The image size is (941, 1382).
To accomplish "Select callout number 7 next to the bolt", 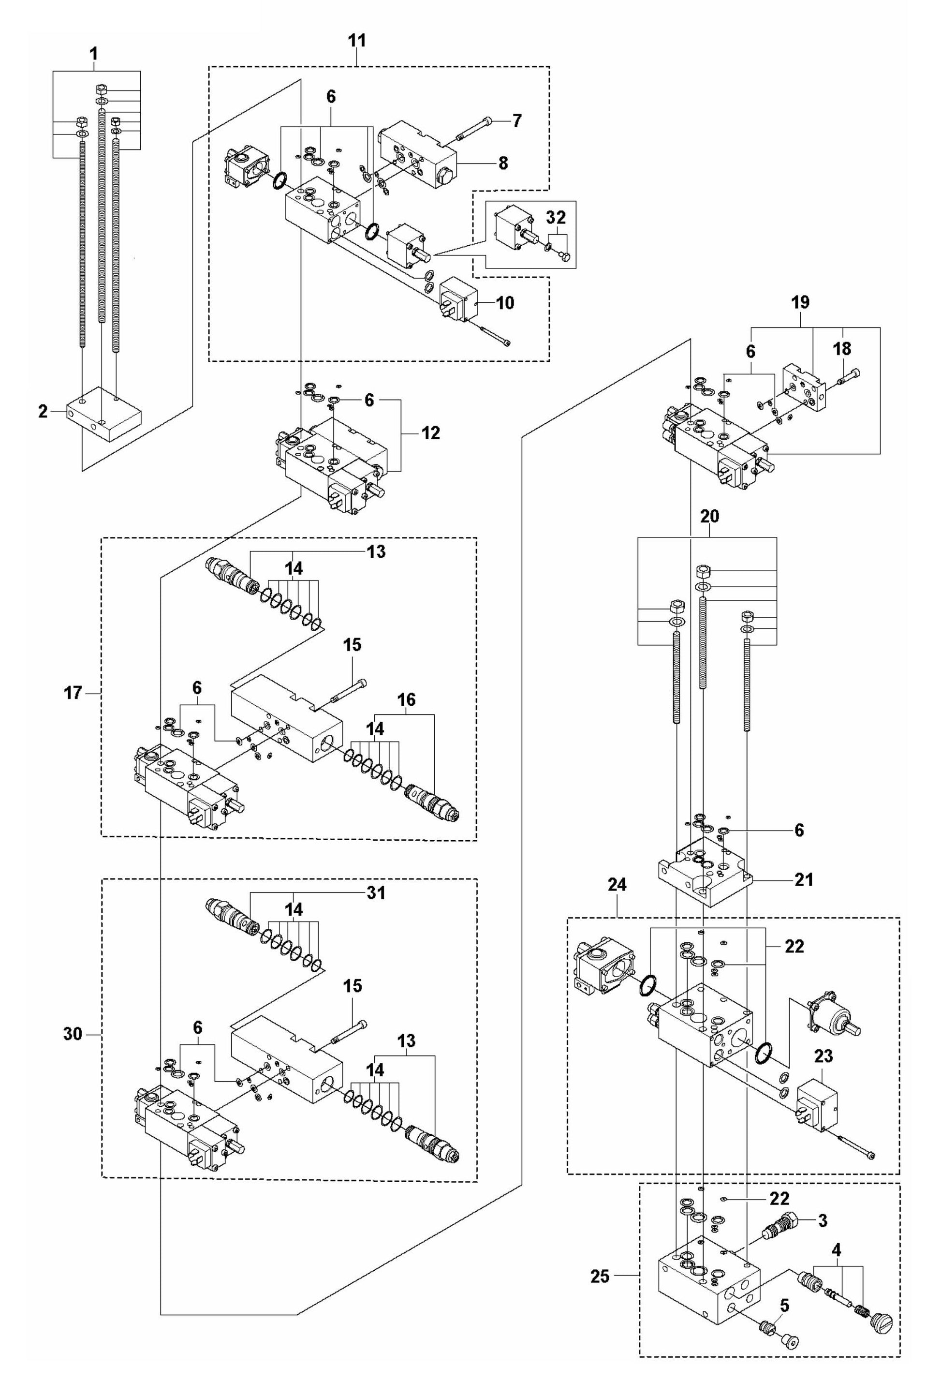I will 516,121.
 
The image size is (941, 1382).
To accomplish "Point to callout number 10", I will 505,303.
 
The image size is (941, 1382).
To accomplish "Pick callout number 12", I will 430,433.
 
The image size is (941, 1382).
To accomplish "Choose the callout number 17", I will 73,693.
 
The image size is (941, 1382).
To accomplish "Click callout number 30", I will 73,1034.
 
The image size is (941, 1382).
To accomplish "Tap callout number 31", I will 376,892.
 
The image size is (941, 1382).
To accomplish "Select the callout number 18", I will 842,349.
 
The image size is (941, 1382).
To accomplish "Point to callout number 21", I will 804,879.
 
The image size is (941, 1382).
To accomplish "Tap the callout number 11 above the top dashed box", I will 357,41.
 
